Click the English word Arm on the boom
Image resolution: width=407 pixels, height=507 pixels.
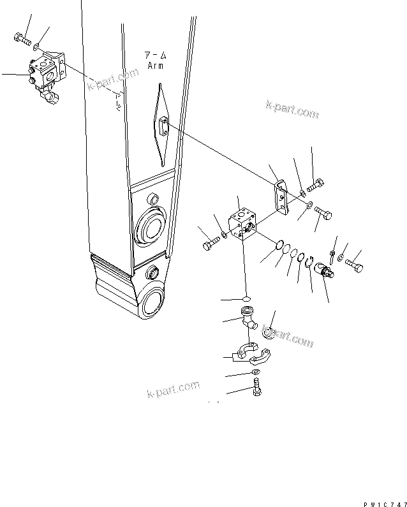[155, 65]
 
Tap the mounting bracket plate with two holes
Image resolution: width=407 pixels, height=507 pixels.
[280, 196]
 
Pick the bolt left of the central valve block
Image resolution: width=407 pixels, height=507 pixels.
[211, 245]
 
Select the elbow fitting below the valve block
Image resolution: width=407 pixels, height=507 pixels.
[248, 318]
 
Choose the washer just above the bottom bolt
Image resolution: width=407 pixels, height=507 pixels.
[255, 372]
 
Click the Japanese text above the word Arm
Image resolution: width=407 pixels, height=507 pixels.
[155, 55]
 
